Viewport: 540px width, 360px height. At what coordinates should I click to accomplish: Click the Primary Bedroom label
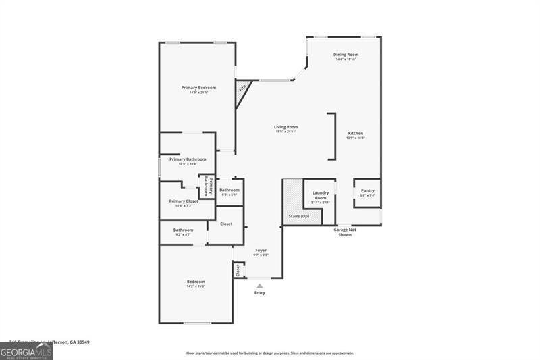(198, 88)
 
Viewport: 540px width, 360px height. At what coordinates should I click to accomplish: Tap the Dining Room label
(346, 55)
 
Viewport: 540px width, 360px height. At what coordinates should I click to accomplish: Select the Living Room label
(286, 127)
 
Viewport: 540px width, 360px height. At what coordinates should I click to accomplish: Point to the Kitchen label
(356, 134)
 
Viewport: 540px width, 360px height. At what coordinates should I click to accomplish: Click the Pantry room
(367, 192)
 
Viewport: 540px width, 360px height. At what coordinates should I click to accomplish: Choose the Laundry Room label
(320, 195)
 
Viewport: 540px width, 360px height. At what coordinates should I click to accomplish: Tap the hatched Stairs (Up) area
(293, 203)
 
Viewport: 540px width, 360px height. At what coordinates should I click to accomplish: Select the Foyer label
(261, 251)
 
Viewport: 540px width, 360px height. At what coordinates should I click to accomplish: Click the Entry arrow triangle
(260, 286)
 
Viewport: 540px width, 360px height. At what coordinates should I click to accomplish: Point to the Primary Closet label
(184, 201)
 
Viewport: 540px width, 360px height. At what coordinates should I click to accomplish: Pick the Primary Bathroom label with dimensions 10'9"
(187, 159)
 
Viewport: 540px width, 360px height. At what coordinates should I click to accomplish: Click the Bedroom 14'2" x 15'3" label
(196, 282)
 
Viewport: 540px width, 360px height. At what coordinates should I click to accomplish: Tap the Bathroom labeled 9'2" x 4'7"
(183, 230)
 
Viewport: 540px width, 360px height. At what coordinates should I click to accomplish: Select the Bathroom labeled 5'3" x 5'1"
(230, 190)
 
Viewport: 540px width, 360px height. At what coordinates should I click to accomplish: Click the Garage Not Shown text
(344, 232)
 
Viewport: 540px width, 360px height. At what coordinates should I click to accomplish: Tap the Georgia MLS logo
(26, 352)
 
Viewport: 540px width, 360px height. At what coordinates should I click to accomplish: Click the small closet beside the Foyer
(238, 270)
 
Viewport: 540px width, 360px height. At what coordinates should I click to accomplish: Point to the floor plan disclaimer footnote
(270, 353)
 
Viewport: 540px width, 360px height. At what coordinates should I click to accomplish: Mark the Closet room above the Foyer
(226, 224)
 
